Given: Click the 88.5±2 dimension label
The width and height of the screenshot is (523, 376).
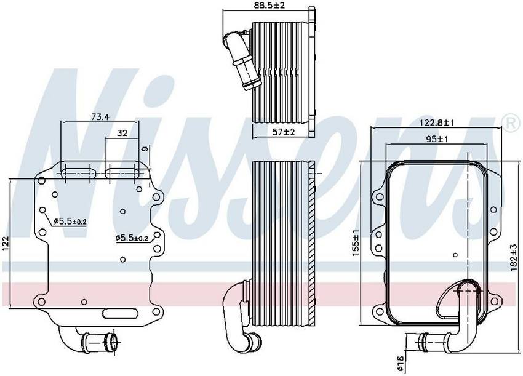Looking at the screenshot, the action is [268, 6].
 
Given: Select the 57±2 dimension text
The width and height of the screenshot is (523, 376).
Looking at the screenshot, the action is [283, 132].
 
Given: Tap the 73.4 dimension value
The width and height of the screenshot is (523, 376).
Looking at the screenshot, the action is [100, 117].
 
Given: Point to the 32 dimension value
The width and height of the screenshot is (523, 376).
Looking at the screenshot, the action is [122, 133].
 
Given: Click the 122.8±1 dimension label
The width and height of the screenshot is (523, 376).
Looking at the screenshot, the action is [436, 123].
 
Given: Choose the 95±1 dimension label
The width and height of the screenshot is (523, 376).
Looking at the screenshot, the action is [437, 139].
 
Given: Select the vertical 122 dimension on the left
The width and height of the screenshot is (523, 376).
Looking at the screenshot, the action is [6, 244].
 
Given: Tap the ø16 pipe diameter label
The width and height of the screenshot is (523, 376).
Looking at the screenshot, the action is [400, 363].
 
